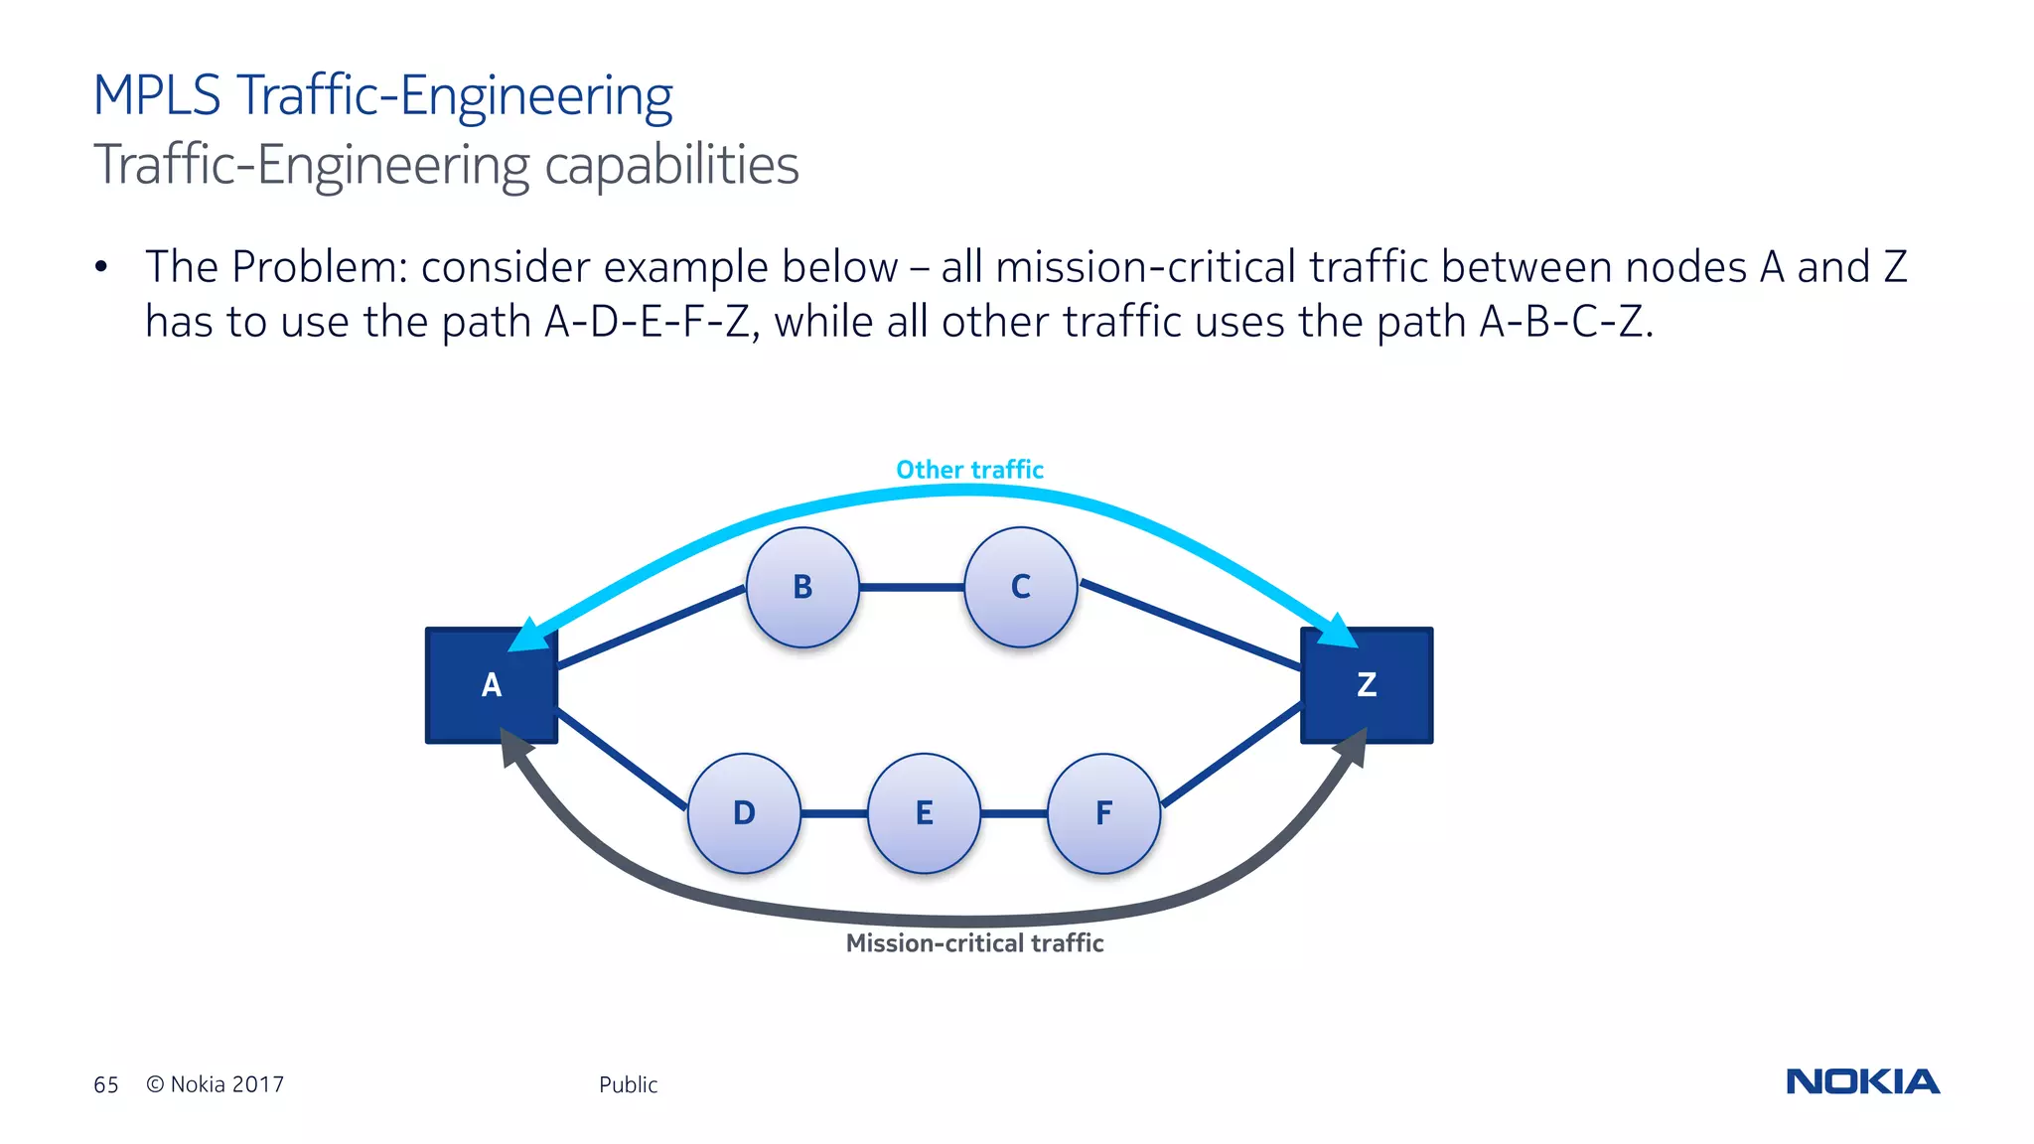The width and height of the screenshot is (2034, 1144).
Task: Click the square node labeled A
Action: tap(491, 685)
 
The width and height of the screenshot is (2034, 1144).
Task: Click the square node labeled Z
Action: tap(1367, 685)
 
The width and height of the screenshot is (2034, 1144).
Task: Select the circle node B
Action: tap(802, 587)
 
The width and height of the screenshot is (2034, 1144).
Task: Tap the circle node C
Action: tap(1020, 587)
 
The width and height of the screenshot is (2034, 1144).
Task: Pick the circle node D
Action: tap(744, 813)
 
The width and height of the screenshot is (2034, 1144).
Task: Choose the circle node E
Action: tap(924, 813)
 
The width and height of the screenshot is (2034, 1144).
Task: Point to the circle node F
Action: tap(1103, 813)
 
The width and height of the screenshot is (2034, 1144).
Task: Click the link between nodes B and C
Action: tap(911, 588)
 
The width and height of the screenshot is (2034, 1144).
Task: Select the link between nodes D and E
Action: tap(833, 814)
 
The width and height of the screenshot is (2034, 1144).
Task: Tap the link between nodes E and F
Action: tap(1013, 814)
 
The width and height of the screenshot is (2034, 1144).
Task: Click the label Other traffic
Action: tap(969, 470)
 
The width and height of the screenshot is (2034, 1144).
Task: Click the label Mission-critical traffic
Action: tap(974, 943)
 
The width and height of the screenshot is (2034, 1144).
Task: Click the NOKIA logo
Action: tap(1862, 1081)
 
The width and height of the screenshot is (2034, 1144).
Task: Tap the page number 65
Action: tap(105, 1085)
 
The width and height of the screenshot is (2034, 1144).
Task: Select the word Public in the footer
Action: tap(628, 1085)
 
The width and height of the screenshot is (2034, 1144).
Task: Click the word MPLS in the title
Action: tap(157, 96)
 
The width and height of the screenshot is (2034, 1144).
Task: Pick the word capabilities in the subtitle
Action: tap(671, 165)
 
